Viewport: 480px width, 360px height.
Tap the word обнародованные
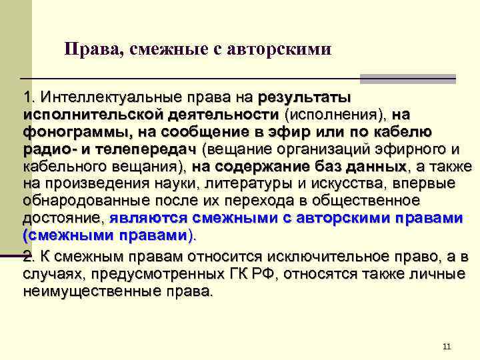click(85, 201)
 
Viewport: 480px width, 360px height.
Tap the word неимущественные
click(88, 291)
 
